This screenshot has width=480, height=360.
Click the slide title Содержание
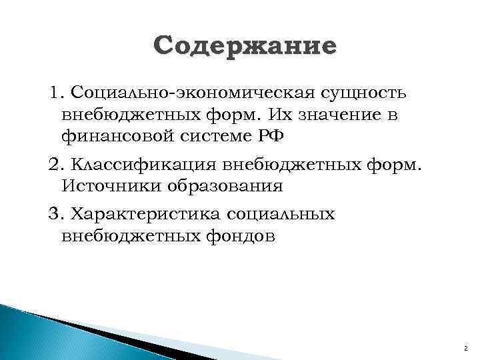(x=245, y=47)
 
